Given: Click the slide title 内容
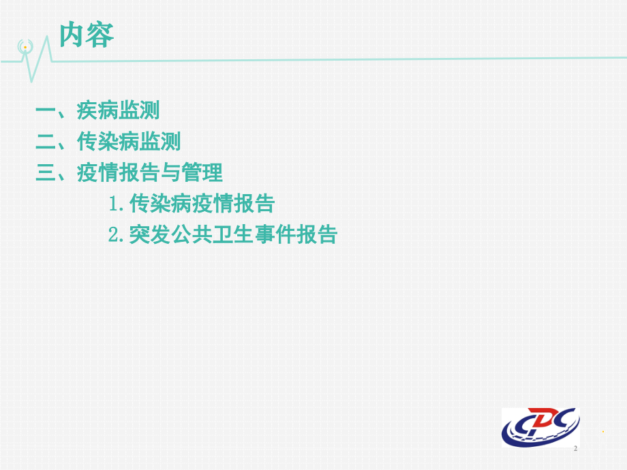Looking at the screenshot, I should (87, 35).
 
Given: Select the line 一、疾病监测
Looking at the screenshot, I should (98, 110).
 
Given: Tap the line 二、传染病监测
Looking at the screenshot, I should (108, 142).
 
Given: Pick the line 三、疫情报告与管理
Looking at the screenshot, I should (129, 173).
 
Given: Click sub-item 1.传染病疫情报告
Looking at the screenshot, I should (191, 204).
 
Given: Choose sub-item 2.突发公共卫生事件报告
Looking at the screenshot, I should (222, 235).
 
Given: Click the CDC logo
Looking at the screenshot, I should (540, 427).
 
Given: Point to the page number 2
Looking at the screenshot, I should (576, 449).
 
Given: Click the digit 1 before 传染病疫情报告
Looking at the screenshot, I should (114, 204).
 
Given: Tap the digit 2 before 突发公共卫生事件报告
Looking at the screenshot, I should (114, 236).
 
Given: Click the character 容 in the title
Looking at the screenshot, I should (100, 35).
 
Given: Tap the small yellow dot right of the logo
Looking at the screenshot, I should (603, 431).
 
